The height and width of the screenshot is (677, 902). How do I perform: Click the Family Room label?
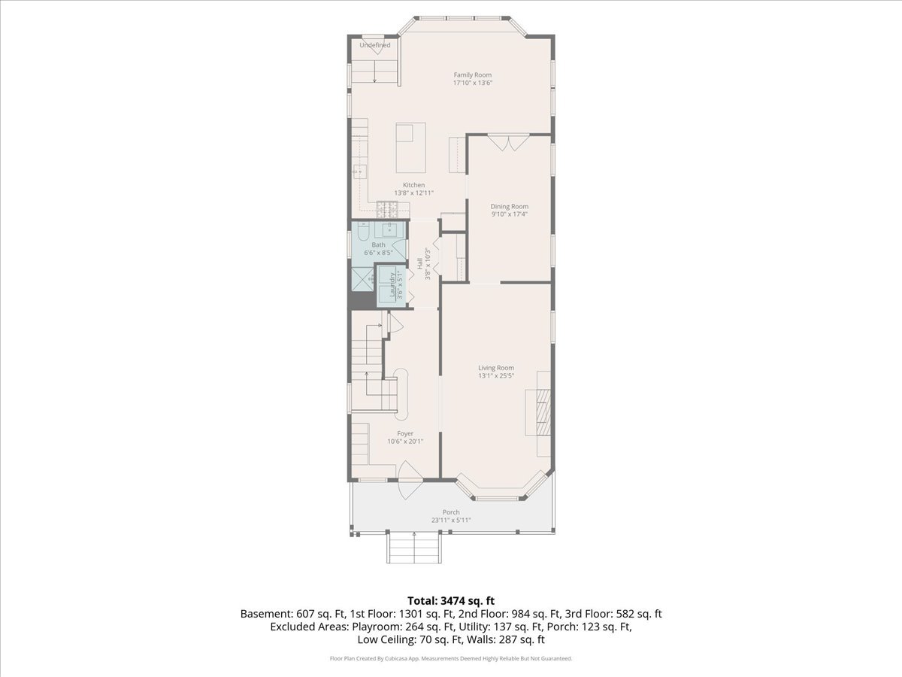[x=473, y=74]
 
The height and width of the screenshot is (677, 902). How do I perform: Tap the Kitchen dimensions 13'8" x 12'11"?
[x=414, y=193]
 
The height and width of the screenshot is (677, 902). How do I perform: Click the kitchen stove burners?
[x=388, y=210]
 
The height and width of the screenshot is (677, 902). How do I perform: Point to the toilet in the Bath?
[x=364, y=232]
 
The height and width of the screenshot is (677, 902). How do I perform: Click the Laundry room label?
[x=392, y=284]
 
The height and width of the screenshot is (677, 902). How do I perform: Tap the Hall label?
[x=419, y=263]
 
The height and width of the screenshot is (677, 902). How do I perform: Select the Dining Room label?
[x=509, y=206]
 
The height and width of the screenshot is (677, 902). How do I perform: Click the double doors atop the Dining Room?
[x=508, y=142]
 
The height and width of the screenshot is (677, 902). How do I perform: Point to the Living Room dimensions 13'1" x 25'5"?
[x=496, y=375]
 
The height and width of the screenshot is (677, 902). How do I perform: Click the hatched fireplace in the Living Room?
[x=543, y=412]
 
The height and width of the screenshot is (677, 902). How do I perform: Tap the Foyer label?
[x=405, y=434]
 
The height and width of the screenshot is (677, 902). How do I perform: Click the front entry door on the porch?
[x=410, y=480]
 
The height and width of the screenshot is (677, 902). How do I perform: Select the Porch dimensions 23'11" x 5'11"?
[x=451, y=520]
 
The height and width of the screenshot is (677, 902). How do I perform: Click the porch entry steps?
[x=414, y=548]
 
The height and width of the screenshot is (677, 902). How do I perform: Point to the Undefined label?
[x=375, y=45]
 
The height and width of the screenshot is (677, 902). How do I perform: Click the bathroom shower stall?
[x=362, y=278]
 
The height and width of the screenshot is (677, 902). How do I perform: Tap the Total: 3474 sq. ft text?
[x=451, y=601]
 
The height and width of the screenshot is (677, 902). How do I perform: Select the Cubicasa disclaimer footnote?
[x=451, y=658]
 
